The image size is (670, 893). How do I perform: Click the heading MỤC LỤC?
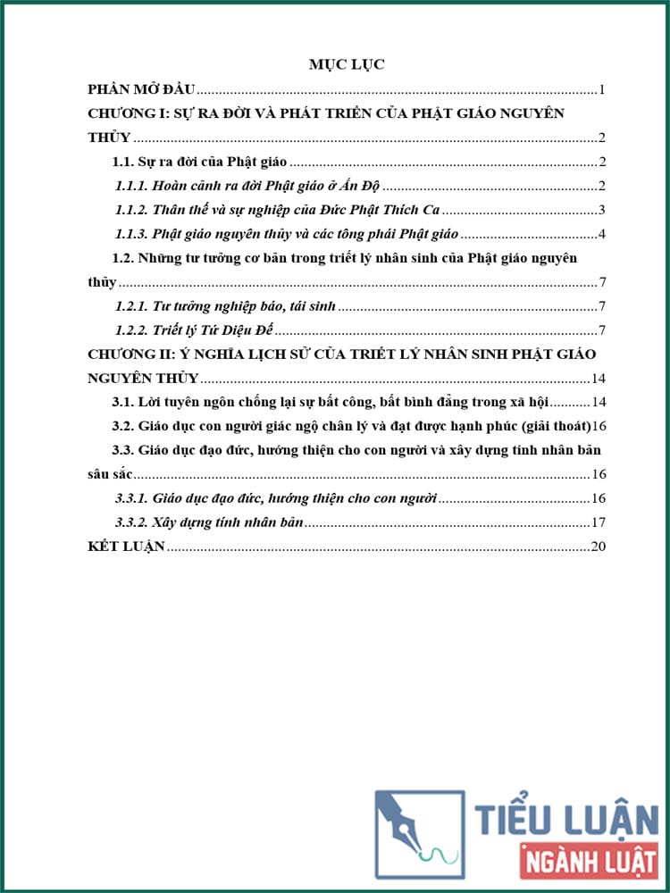tap(347, 63)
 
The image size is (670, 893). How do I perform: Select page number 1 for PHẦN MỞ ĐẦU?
tap(604, 89)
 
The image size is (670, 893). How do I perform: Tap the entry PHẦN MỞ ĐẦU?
tap(142, 89)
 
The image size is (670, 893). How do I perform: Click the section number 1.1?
tap(121, 162)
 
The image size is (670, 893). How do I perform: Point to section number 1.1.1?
tap(130, 186)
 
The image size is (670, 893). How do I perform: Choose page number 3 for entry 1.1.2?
tap(603, 210)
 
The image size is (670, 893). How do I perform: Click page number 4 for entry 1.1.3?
tap(603, 234)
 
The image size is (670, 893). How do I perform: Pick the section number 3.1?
tap(121, 402)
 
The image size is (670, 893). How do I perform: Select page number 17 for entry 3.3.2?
tap(599, 522)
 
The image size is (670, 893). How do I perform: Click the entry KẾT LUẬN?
tap(126, 547)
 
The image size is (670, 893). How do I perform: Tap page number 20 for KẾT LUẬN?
tap(599, 547)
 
